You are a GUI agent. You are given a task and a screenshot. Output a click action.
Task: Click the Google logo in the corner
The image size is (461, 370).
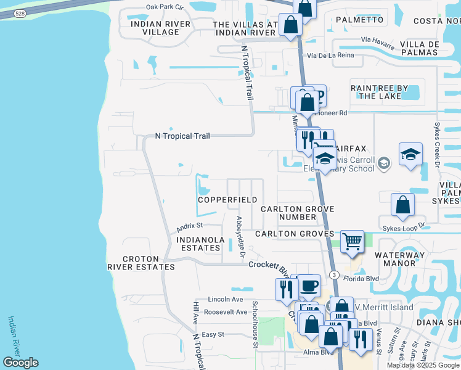coord(20,363)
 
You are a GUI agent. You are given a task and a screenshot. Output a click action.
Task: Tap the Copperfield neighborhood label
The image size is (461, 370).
coord(227,200)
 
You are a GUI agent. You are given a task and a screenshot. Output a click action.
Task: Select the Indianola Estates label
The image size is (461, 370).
coord(198,243)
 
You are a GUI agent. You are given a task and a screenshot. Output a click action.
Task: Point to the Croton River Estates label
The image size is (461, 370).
coord(141,263)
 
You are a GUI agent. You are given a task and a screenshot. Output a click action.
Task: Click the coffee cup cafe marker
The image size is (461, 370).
coord(309,285)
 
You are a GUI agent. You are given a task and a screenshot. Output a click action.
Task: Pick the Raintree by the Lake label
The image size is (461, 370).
coord(385,92)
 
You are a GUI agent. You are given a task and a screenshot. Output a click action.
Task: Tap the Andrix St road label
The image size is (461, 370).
coord(189,226)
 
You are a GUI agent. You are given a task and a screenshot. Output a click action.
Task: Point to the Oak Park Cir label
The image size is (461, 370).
coord(165,7)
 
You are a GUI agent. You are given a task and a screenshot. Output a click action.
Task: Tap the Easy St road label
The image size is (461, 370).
coord(212,334)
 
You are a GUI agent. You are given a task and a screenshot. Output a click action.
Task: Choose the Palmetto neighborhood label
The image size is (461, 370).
coord(360,20)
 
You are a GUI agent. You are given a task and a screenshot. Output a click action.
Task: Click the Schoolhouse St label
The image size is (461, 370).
coord(255,324)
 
